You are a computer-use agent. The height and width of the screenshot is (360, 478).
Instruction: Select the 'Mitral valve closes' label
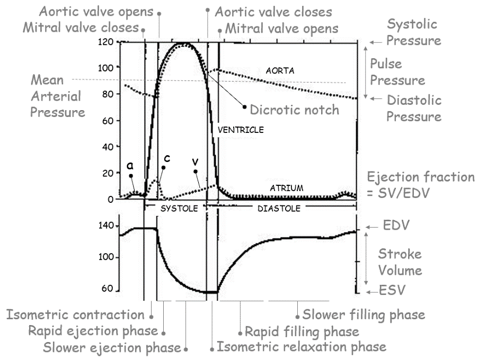click(80, 28)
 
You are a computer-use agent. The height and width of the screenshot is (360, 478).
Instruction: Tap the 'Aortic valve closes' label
click(273, 12)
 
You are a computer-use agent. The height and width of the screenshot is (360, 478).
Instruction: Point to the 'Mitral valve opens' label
click(281, 28)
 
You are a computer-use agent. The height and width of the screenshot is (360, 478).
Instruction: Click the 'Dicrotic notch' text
click(294, 110)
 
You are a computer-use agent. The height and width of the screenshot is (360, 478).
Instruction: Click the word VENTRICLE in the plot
click(241, 129)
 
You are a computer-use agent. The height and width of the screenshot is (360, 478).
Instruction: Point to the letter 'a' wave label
click(130, 166)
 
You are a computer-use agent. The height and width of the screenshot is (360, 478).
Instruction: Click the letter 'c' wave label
click(167, 158)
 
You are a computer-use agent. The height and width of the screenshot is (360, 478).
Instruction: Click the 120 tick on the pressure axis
click(107, 42)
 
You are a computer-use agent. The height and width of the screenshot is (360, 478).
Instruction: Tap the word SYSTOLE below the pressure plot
click(175, 209)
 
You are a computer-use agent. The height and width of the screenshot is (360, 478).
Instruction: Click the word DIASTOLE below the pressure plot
click(279, 209)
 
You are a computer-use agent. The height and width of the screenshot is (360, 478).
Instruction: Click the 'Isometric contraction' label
click(75, 315)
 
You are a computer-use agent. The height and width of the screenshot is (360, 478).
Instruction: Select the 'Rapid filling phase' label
click(302, 332)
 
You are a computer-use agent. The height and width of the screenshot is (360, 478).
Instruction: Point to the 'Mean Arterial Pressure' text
click(55, 96)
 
